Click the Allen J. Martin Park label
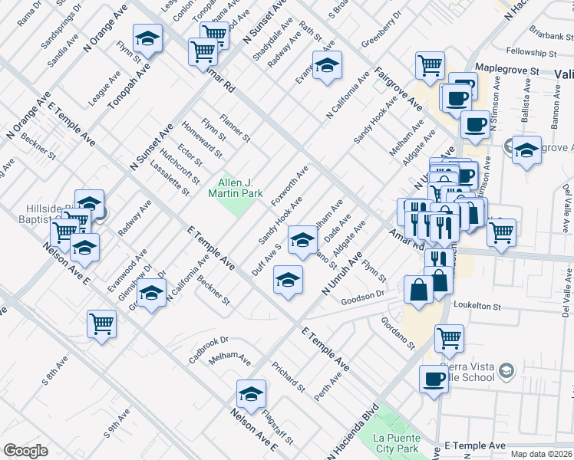240,188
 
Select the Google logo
25,451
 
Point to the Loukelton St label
477,306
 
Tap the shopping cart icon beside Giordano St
449,337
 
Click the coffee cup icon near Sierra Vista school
434,378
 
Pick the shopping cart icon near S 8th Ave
101,324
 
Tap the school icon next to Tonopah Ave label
148,38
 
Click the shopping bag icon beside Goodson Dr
419,290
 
